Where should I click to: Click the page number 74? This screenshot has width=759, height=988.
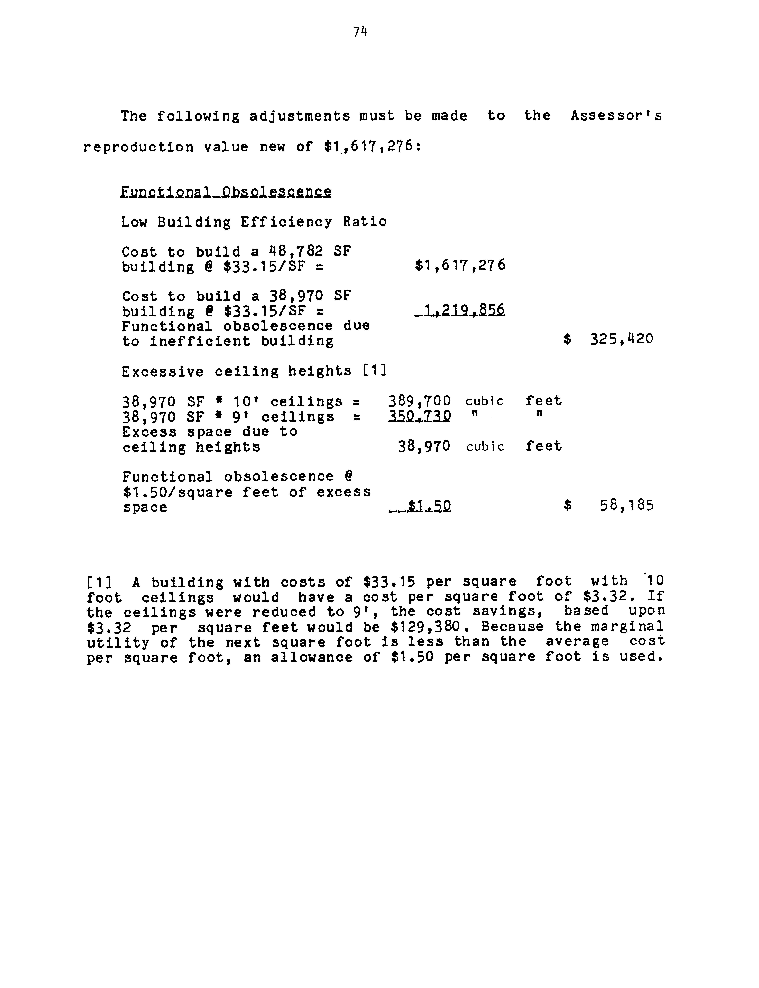coord(360,32)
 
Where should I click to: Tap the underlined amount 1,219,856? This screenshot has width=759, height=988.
coord(460,310)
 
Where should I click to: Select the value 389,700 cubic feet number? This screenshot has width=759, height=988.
coord(420,401)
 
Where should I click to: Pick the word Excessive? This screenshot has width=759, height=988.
coord(163,372)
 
